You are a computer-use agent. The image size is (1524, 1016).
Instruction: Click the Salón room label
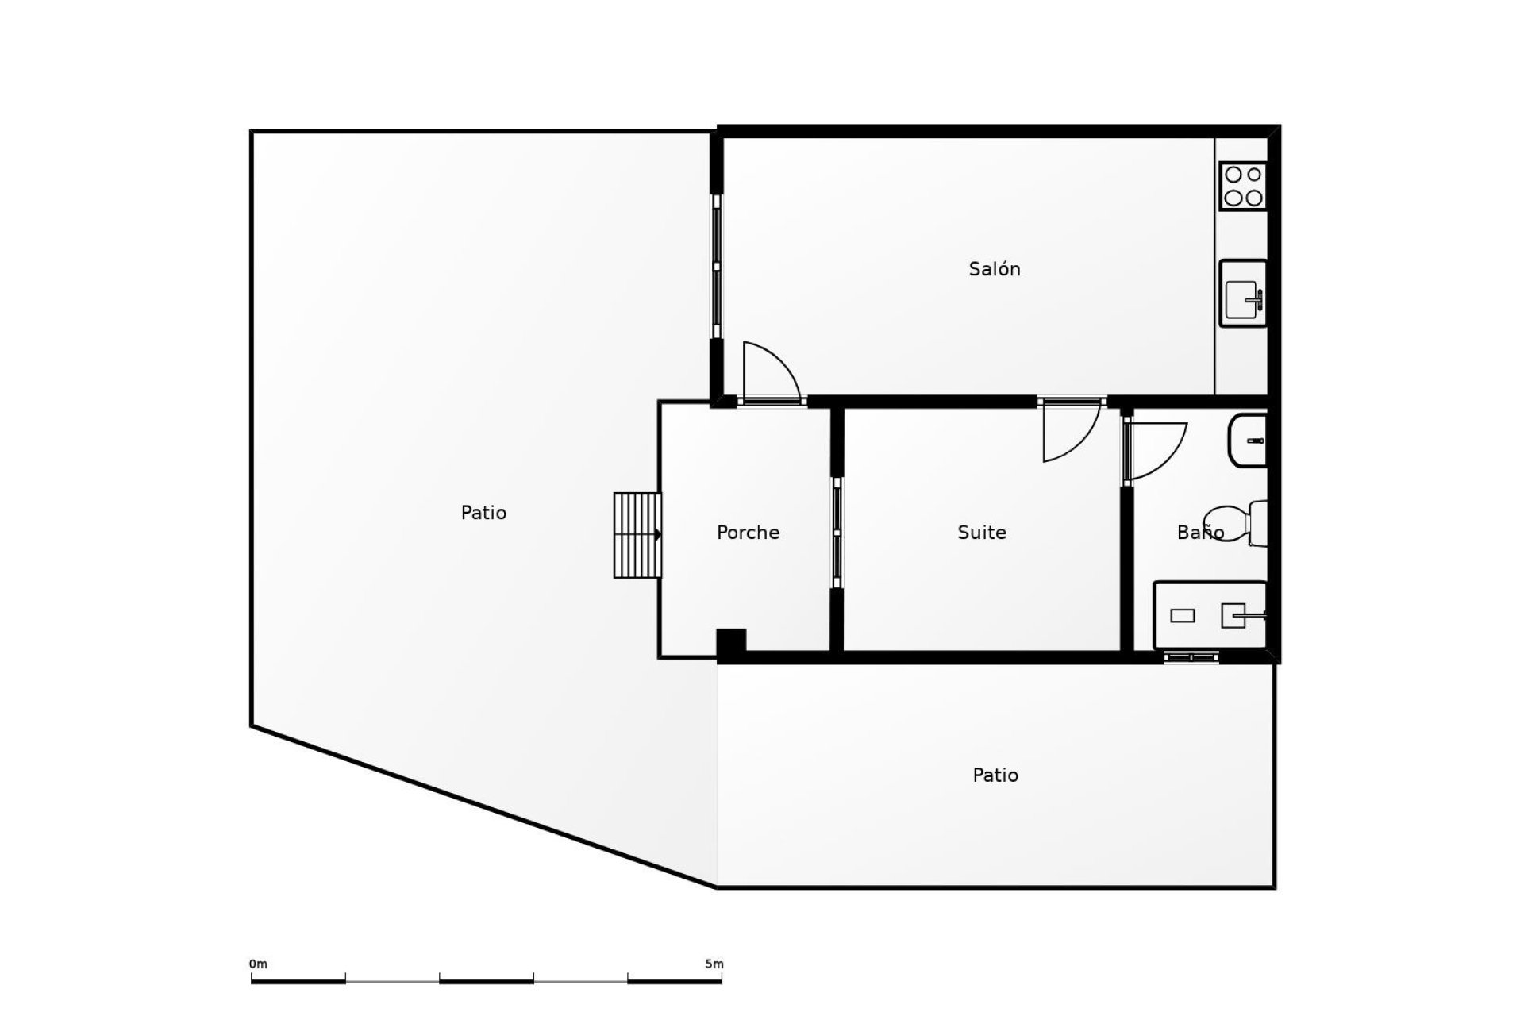(994, 269)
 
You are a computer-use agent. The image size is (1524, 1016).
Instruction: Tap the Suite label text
(981, 533)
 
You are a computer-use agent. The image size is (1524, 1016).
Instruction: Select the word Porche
(747, 533)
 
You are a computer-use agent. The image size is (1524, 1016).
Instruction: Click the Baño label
(1199, 533)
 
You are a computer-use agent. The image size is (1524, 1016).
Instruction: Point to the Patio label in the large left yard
(483, 513)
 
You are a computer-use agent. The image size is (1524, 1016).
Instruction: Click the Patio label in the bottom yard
(995, 775)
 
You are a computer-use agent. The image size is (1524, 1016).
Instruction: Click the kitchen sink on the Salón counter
(1242, 293)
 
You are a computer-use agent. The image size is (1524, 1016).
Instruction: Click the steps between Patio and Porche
(637, 535)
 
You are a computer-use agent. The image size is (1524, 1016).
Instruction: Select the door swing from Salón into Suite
(1069, 431)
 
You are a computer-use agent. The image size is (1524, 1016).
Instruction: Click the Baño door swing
(1155, 450)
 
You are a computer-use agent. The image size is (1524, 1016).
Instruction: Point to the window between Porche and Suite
(837, 533)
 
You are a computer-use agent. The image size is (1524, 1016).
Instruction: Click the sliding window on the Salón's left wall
(717, 267)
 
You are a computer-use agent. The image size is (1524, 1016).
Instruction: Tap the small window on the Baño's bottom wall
(1191, 657)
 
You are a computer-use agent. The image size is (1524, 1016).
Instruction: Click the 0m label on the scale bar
(258, 964)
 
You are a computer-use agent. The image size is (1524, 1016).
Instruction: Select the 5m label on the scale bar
(714, 964)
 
